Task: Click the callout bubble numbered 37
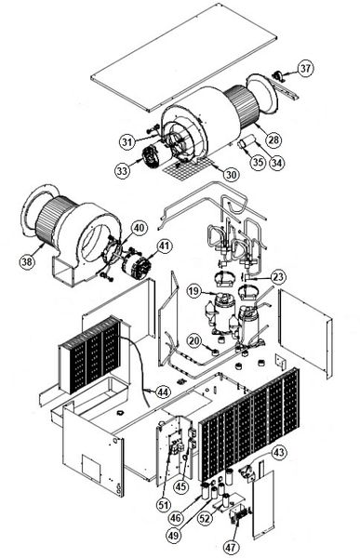(305, 68)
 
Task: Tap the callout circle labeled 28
(273, 139)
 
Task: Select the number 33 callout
(122, 170)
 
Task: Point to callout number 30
(231, 175)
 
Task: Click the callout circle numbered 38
(27, 261)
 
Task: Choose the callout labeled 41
(165, 246)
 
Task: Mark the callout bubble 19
(194, 291)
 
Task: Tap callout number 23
(279, 276)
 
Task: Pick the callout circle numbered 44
(163, 392)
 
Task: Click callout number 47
(232, 546)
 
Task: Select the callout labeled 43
(279, 452)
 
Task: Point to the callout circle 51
(164, 505)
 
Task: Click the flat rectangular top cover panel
(183, 57)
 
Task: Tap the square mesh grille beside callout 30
(188, 169)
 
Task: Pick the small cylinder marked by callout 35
(247, 141)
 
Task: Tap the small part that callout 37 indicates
(277, 76)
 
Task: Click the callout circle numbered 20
(194, 340)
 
